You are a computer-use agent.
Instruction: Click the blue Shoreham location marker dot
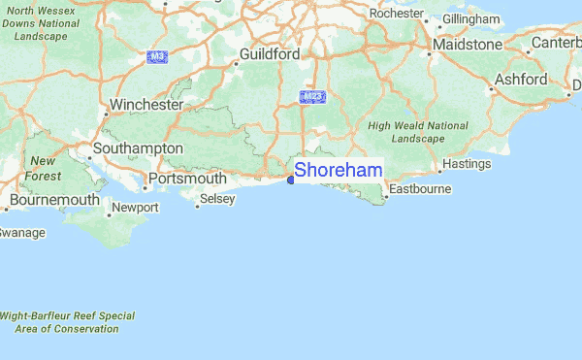coord(291,180)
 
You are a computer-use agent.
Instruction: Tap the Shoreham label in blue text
coord(338,170)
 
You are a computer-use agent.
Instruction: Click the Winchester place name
coord(146,104)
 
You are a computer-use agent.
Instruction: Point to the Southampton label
coord(137,148)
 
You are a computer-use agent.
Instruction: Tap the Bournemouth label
coord(54,200)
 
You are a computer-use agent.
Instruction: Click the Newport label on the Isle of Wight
coord(135,208)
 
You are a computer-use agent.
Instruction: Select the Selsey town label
coord(216,199)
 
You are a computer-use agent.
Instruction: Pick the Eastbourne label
coord(420,188)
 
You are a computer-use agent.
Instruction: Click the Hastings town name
coord(467,164)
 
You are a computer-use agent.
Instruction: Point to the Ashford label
coord(521,80)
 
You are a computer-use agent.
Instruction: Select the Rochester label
coord(397,14)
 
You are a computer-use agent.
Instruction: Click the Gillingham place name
coord(471,19)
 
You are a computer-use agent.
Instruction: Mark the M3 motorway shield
coord(157,57)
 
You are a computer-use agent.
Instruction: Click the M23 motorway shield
coord(312,98)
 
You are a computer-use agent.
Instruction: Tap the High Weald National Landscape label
coord(418,132)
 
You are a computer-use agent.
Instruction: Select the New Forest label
coord(43,167)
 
